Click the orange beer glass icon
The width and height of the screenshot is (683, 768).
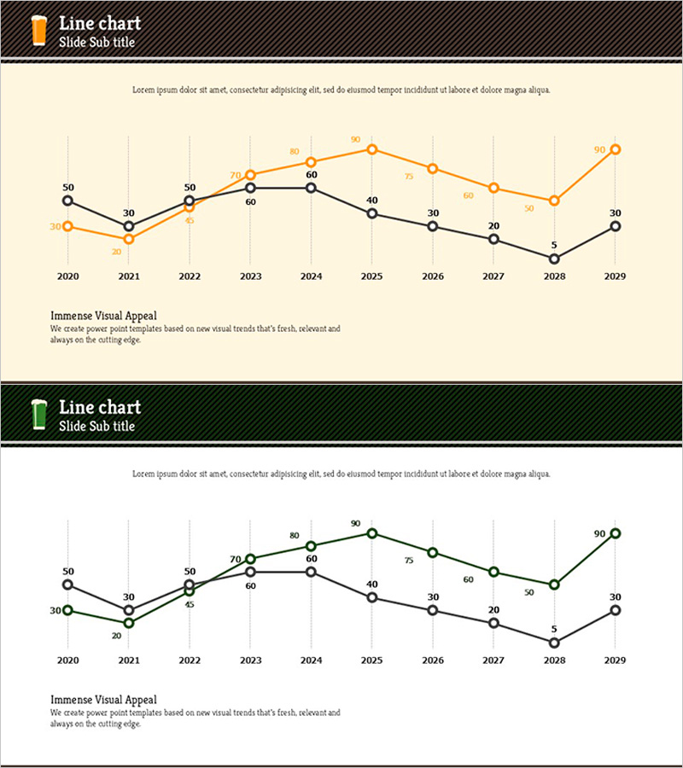[x=38, y=30]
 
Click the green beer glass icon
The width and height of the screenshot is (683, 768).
[x=38, y=414]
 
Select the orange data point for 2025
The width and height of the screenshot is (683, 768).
[x=372, y=149]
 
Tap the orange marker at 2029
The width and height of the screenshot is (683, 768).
[x=616, y=149]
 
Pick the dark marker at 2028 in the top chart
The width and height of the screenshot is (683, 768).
[x=554, y=259]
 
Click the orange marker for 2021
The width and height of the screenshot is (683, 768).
[x=129, y=239]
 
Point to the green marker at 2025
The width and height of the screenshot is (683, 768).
[x=372, y=533]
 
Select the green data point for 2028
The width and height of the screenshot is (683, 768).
[x=554, y=585]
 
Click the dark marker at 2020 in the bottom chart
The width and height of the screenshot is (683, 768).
[x=67, y=585]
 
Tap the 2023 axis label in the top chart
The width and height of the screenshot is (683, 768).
[x=250, y=276]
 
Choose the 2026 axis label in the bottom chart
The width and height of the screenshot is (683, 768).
[x=433, y=660]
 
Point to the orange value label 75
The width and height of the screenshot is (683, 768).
[x=409, y=177]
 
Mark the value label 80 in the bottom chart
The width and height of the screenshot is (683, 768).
[x=295, y=536]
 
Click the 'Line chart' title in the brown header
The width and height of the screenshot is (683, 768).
[x=100, y=23]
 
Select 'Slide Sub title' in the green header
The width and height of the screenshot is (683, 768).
[x=96, y=426]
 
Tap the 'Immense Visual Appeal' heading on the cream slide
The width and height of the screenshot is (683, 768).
[x=103, y=316]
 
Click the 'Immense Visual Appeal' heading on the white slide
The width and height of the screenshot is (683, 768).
[x=103, y=700]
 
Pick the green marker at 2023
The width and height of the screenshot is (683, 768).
[x=250, y=559]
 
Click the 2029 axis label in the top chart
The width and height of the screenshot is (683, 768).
[x=616, y=276]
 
